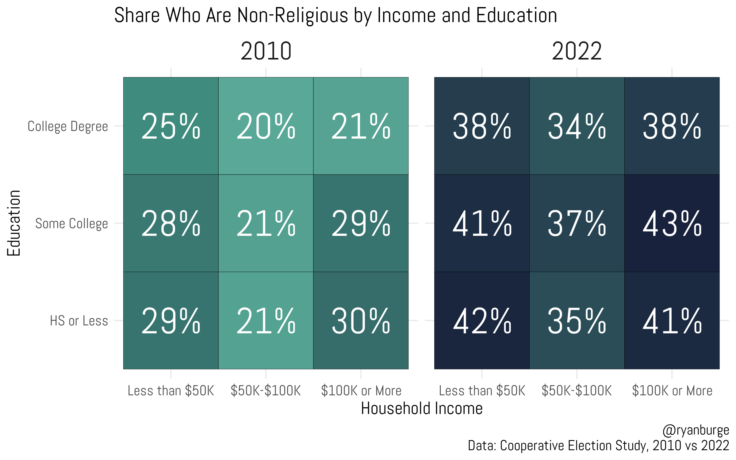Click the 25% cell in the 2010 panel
171,126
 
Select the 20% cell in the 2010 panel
266,126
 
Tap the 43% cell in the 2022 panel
672,224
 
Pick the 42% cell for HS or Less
482,321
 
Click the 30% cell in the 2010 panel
361,321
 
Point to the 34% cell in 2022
577,126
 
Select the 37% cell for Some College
577,224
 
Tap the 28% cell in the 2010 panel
171,224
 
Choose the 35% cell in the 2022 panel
577,321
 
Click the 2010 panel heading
266,51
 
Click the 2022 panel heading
577,51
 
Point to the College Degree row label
68,126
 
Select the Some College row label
71,224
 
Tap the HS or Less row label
79,321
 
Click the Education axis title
14,223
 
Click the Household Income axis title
422,408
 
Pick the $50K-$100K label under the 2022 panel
577,391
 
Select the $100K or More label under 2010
361,391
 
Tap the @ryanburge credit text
696,431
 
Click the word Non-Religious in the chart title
293,15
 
